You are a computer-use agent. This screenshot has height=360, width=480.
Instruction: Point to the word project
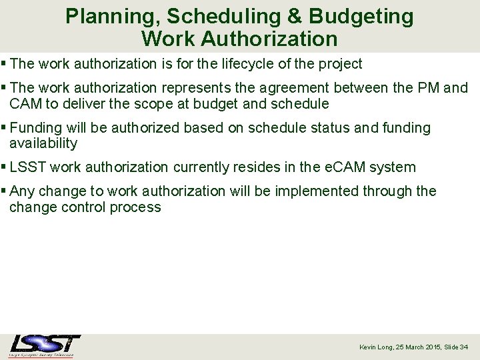point(340,64)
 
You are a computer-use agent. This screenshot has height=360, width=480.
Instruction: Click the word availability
point(43,143)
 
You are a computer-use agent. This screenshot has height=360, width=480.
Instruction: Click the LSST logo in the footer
point(44,345)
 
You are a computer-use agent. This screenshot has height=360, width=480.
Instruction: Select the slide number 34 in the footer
point(464,347)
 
